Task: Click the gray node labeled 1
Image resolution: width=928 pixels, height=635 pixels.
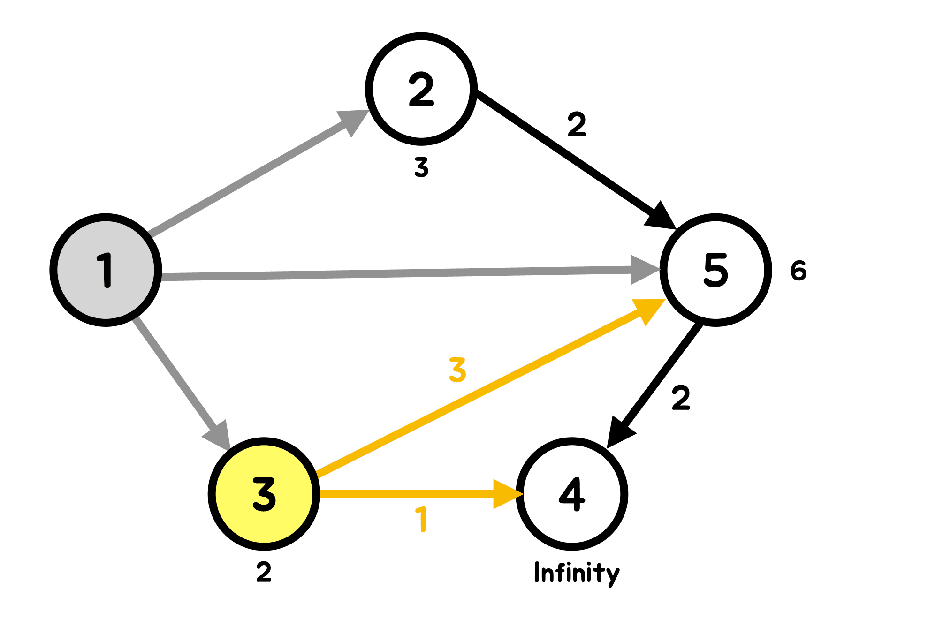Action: (106, 270)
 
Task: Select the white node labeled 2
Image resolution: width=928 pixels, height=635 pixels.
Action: (421, 89)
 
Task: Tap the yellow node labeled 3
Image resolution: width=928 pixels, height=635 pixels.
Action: (264, 494)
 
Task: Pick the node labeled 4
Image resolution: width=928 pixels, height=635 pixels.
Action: (572, 494)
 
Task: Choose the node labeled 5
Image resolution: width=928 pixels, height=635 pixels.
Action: (715, 270)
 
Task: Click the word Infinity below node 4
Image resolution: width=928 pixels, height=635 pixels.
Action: (577, 573)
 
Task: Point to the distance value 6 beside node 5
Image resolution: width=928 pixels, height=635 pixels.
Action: (798, 271)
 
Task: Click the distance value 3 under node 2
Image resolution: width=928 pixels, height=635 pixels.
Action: (421, 167)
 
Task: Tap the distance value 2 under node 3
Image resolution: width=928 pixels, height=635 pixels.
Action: (264, 572)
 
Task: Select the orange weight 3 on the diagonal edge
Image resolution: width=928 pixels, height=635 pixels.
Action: (457, 370)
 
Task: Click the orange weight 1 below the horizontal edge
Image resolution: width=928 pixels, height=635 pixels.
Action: (422, 519)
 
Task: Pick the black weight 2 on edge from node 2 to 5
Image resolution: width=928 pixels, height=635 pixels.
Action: (577, 124)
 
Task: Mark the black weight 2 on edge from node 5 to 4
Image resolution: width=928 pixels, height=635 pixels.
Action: (681, 398)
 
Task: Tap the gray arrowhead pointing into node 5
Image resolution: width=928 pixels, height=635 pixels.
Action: (644, 270)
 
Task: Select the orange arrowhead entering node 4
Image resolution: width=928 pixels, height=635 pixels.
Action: (506, 494)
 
